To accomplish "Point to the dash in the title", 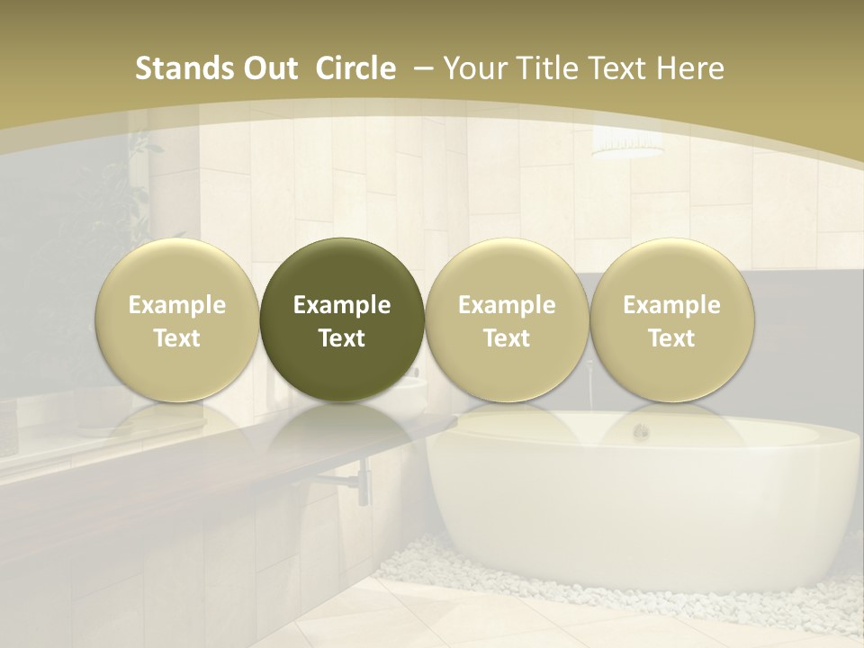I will (x=421, y=68).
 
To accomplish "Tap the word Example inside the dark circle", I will (x=342, y=305).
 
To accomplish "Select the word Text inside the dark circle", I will (x=342, y=338).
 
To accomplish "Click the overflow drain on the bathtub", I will (x=641, y=432).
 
